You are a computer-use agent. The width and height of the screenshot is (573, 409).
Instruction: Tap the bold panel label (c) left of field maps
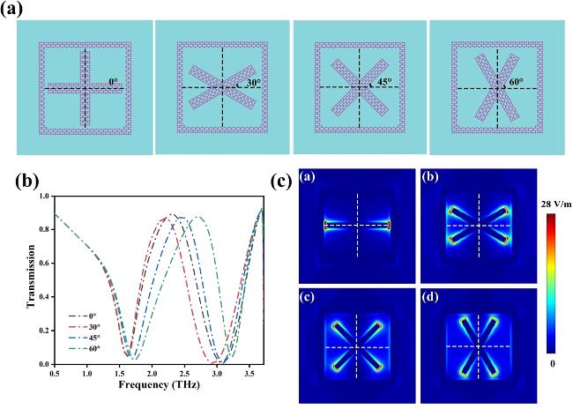(x=283, y=183)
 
